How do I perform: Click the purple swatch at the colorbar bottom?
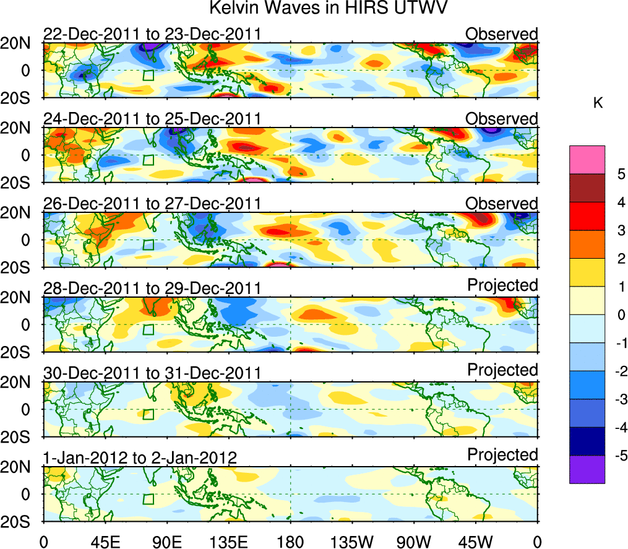(x=587, y=469)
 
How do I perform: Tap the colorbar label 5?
(x=616, y=175)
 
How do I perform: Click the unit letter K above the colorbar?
(x=598, y=103)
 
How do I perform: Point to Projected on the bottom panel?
(x=502, y=455)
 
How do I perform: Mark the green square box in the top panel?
(x=148, y=76)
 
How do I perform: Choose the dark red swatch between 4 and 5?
(x=587, y=188)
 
